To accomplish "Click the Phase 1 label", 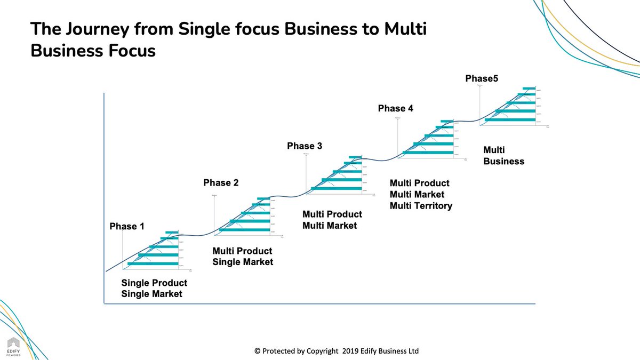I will pos(127,226).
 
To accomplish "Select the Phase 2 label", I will pos(221,183).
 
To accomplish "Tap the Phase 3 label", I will pos(305,146).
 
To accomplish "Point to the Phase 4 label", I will pos(396,108).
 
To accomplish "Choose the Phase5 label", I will pos(482,79).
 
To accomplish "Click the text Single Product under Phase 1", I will pos(154,283).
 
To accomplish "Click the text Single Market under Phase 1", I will pos(151,294).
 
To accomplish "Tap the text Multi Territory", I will pos(421,206).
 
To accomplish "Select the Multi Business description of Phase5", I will pos(503,156).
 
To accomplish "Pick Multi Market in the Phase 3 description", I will pos(330,226).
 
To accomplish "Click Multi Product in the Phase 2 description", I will pos(242,251).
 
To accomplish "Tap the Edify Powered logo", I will pos(13,346).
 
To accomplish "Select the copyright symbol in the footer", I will pos(258,351).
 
